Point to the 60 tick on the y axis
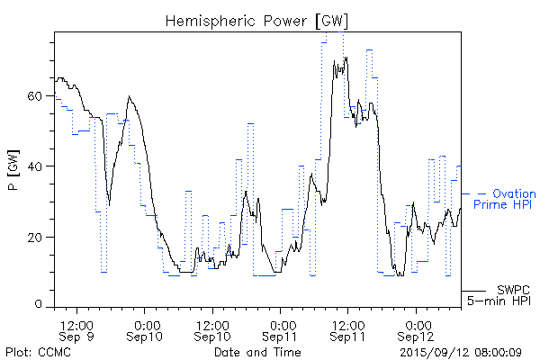[x=39, y=95]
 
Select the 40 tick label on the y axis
[x=39, y=166]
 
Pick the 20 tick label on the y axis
[x=39, y=237]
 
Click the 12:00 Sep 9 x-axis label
[x=77, y=329]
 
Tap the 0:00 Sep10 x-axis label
[x=145, y=329]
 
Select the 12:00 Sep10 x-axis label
[x=212, y=329]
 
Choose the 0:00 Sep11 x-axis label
[x=280, y=329]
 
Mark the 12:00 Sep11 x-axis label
[x=347, y=329]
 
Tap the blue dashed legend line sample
[x=474, y=193]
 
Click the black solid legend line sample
[x=473, y=291]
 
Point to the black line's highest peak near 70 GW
[x=346, y=58]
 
